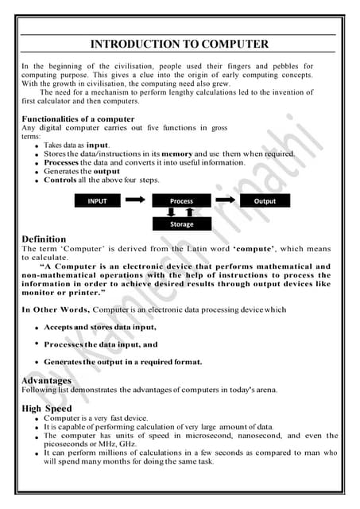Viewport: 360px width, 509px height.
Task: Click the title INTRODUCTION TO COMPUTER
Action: click(x=179, y=44)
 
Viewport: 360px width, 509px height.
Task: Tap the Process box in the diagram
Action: click(x=181, y=201)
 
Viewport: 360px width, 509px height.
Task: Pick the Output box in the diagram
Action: click(x=265, y=201)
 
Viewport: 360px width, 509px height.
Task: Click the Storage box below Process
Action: click(x=181, y=224)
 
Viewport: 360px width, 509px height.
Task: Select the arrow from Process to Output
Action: click(x=226, y=201)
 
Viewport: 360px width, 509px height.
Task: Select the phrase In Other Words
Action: click(x=56, y=309)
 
